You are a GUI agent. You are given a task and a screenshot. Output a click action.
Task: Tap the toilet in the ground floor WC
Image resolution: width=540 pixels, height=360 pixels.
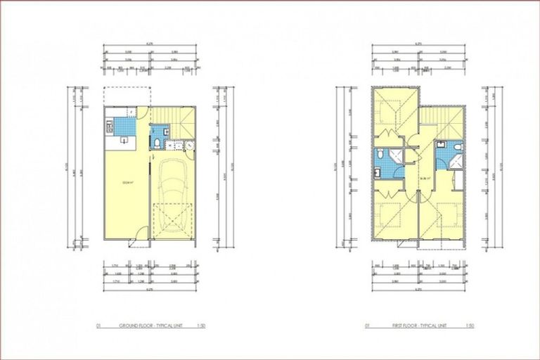coord(155,143)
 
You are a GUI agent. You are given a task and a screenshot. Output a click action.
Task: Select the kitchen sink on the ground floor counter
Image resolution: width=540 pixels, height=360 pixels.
coord(124,139)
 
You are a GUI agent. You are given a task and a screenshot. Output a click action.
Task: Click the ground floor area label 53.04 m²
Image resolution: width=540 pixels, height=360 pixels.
coord(128,184)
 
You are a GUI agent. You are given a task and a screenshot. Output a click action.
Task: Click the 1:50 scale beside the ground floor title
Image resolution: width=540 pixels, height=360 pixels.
coord(201,326)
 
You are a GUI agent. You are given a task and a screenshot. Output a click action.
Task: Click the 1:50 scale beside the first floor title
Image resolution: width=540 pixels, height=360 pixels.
coord(468,326)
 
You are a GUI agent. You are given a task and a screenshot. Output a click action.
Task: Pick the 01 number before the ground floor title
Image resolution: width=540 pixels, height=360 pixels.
coord(99,326)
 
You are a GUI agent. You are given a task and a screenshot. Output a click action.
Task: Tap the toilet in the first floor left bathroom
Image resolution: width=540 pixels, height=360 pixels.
coord(380,155)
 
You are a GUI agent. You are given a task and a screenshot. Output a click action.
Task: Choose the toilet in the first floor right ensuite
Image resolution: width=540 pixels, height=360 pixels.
coord(457,147)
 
